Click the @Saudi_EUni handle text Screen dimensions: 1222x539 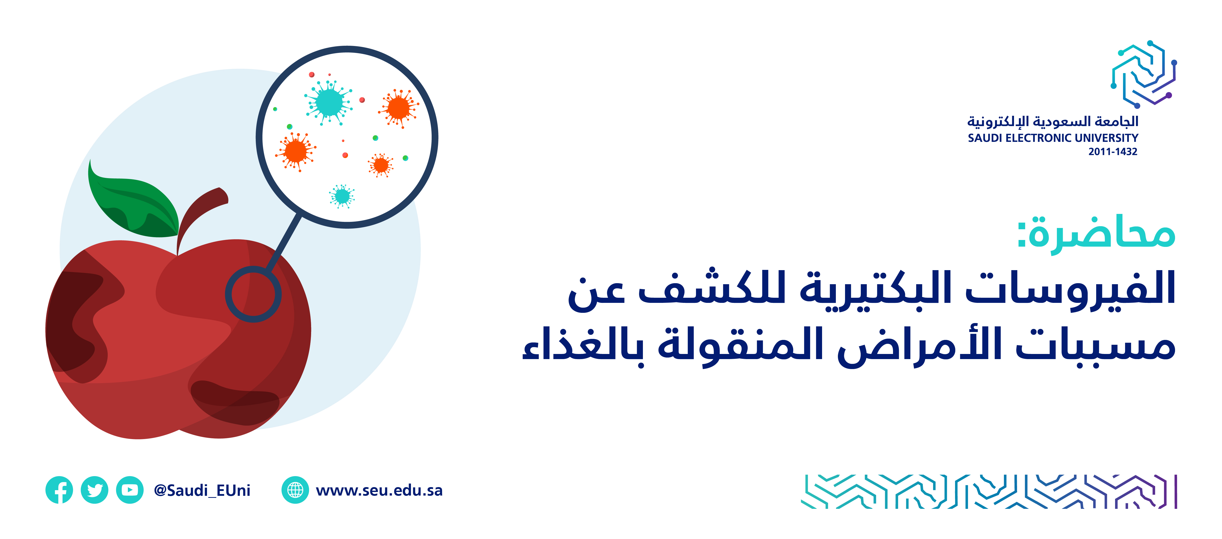[202, 490]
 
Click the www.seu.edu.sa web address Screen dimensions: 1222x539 [379, 490]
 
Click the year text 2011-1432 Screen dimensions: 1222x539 [1113, 152]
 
